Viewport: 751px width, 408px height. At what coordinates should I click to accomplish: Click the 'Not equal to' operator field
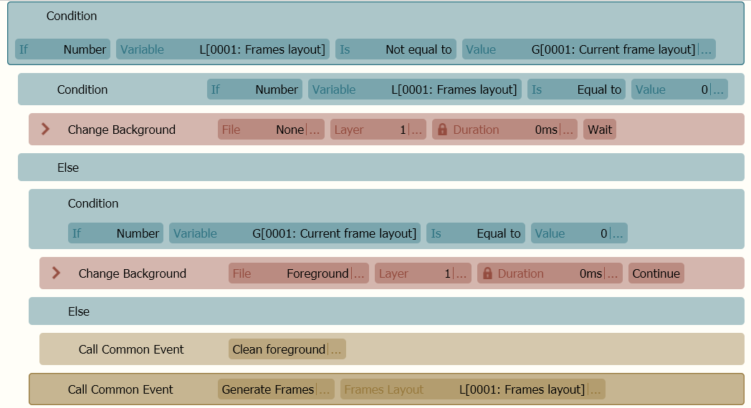[396, 49]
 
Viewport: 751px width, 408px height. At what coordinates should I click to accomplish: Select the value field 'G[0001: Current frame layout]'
[588, 49]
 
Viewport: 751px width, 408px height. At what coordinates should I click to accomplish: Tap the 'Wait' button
[600, 130]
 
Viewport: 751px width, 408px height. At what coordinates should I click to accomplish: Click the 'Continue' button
[656, 273]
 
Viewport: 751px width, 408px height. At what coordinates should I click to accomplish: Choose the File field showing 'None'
[271, 130]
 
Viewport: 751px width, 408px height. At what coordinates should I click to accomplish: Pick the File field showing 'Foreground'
[299, 273]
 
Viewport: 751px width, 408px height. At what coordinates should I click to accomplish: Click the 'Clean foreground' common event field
[287, 349]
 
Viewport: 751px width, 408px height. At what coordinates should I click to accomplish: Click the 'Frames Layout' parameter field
[473, 389]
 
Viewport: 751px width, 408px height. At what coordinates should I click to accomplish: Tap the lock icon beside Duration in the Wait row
[442, 130]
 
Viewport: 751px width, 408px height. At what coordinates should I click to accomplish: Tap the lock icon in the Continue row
[487, 273]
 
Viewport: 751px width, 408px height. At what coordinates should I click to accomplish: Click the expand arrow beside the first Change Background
[45, 129]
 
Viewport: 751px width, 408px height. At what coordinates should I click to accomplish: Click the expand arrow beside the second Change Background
[56, 273]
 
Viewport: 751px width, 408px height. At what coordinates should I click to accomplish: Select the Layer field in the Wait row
[378, 130]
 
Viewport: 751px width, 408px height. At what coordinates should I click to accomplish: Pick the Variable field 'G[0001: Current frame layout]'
[295, 233]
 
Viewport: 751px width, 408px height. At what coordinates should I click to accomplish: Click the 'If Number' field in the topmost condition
[63, 49]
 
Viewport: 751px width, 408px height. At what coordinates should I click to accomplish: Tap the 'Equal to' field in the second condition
[577, 89]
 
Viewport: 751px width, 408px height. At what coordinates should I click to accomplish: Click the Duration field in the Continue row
[550, 273]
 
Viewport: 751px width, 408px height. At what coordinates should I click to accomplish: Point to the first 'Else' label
[68, 168]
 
